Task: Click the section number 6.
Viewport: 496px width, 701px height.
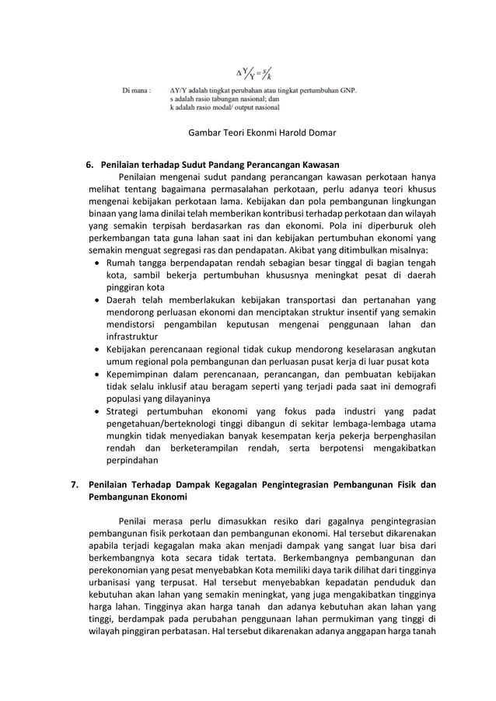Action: (89, 164)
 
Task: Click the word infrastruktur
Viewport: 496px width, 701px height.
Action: (132, 337)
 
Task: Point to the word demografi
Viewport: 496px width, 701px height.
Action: (414, 387)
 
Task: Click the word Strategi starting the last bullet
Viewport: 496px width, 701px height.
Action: (124, 412)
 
